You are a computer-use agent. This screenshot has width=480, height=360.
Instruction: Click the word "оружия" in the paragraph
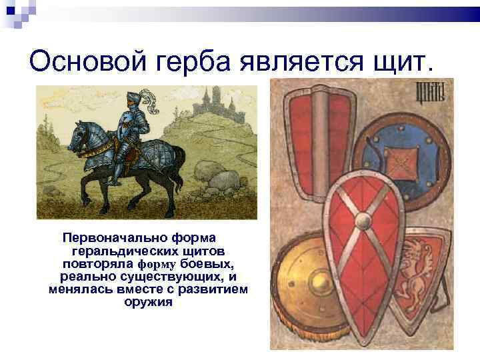[148, 302]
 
